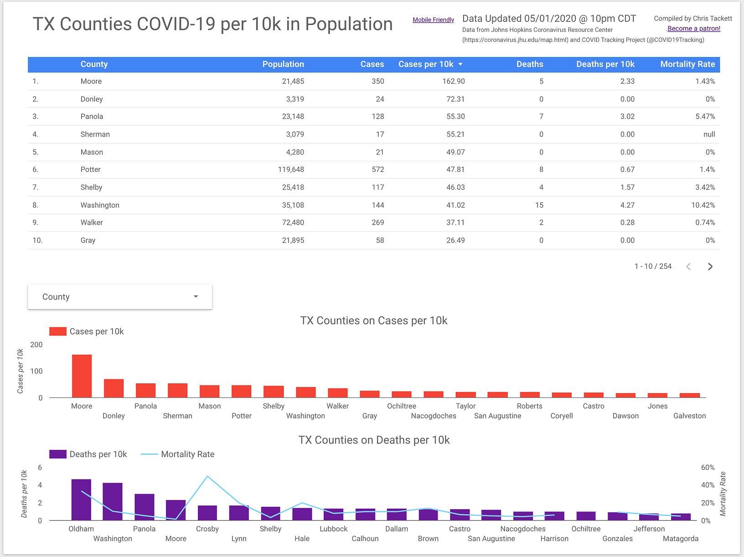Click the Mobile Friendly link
[433, 20]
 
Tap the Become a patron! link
[693, 28]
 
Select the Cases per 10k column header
[426, 64]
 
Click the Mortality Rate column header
[687, 64]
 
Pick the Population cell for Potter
[291, 170]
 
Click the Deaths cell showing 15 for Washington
[539, 205]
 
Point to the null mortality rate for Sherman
[709, 134]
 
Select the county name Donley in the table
[92, 99]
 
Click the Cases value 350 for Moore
[378, 81]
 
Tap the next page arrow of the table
[710, 267]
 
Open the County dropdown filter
[120, 297]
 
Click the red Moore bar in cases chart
[82, 376]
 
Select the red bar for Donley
[114, 388]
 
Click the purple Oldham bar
[81, 499]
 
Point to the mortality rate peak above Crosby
[207, 476]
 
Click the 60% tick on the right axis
[708, 467]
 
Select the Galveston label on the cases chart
[689, 416]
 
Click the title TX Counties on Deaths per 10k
[374, 440]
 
